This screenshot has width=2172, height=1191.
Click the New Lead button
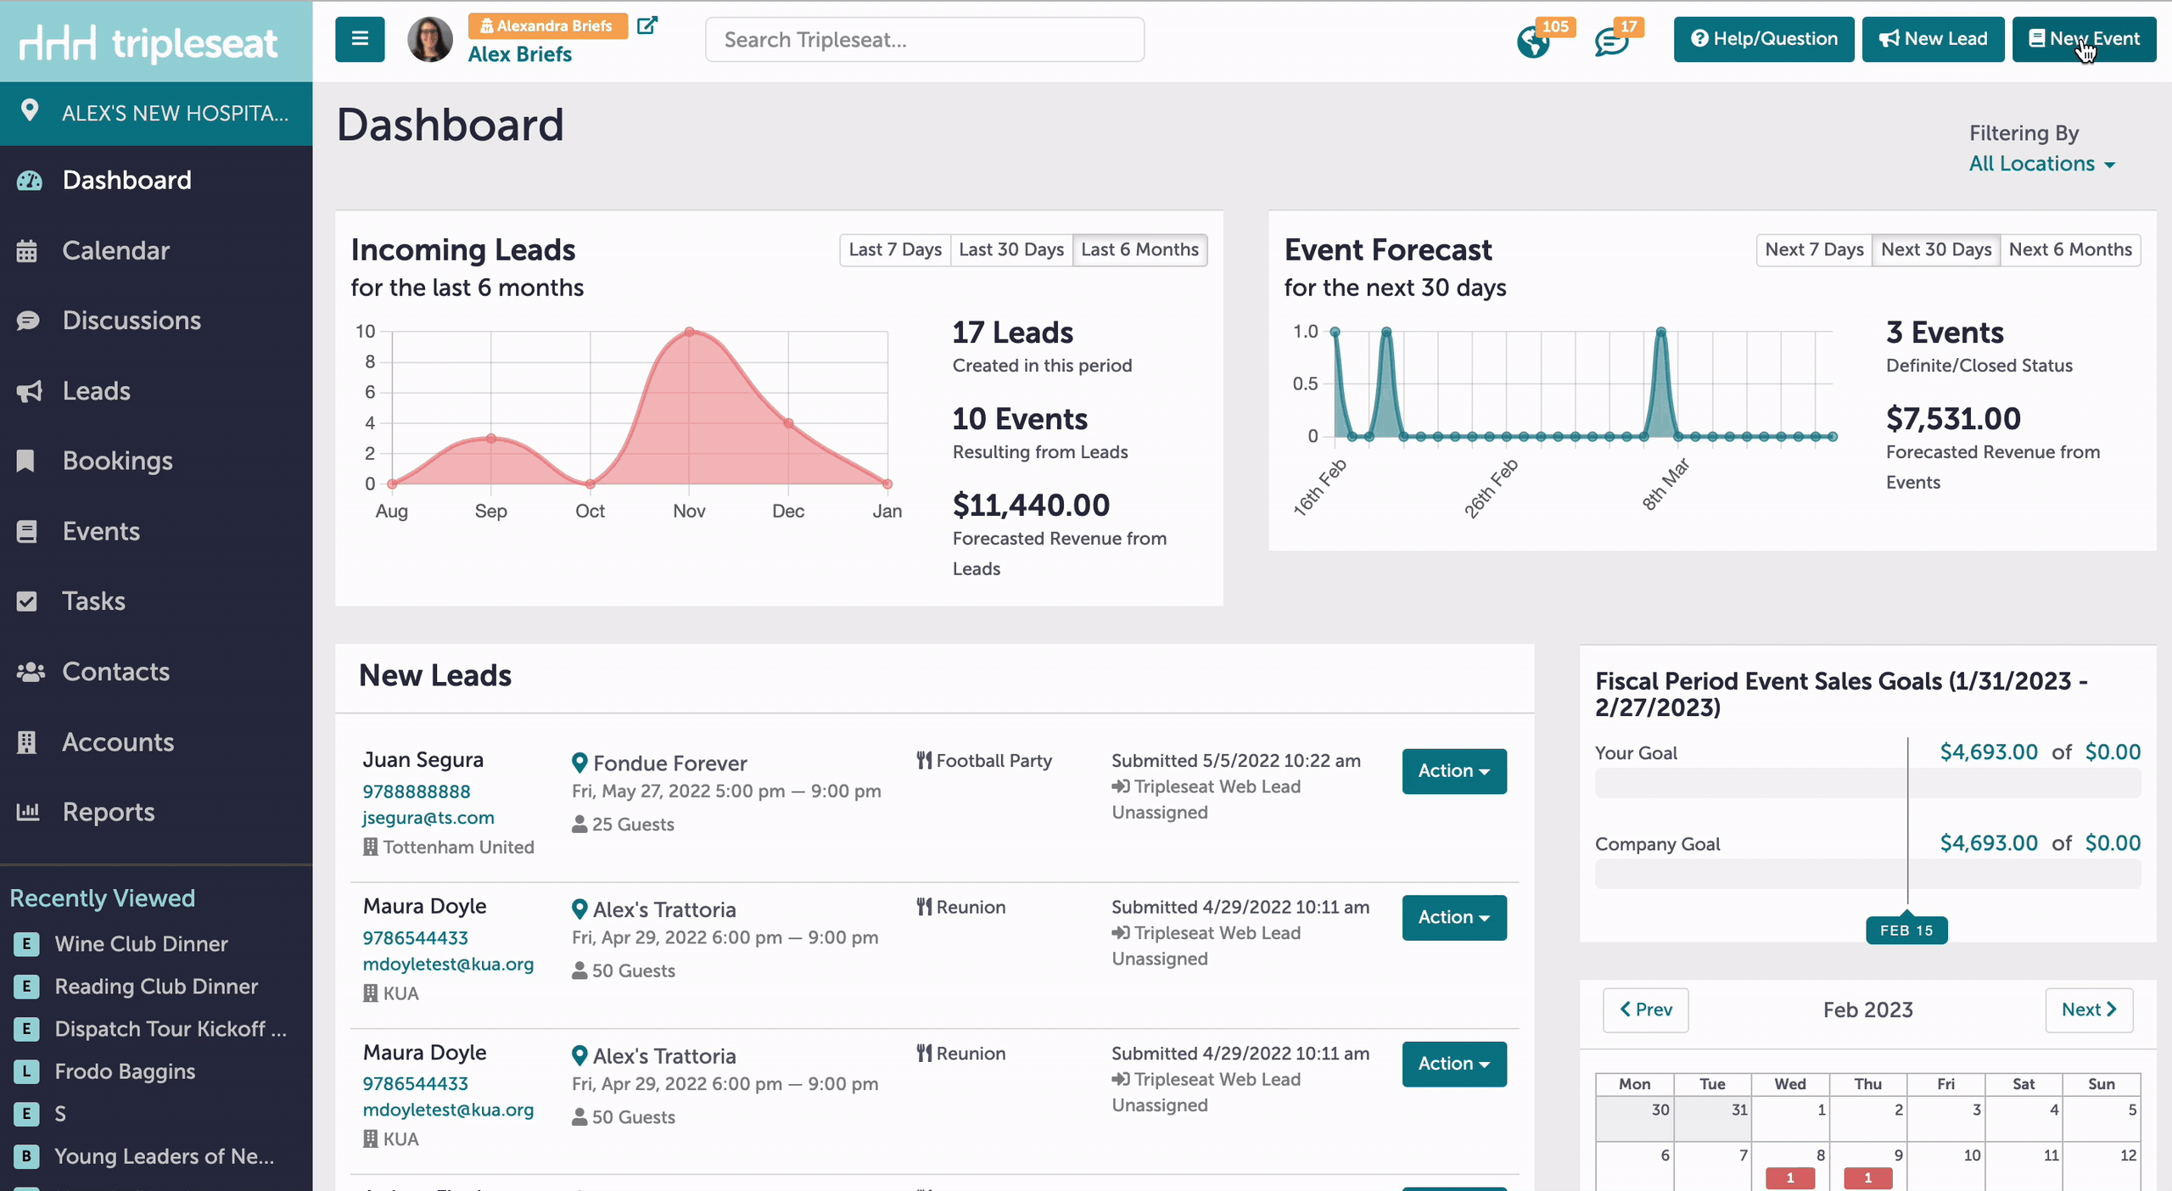(1933, 39)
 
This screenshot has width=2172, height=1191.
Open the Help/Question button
(1764, 39)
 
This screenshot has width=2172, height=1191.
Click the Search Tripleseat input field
(925, 40)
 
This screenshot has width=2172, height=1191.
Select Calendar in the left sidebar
(115, 250)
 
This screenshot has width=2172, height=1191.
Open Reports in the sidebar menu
(109, 812)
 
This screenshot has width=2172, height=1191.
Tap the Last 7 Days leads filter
(895, 249)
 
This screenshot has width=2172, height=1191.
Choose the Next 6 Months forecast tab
(2070, 249)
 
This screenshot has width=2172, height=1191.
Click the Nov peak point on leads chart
(690, 332)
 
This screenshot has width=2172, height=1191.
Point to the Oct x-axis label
(590, 511)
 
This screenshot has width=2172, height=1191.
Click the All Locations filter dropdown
(2041, 164)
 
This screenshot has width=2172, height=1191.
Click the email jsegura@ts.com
(428, 818)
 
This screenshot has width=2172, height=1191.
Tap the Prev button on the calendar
(1646, 1009)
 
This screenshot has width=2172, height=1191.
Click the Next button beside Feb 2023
(2089, 1009)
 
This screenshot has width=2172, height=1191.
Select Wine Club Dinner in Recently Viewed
(141, 944)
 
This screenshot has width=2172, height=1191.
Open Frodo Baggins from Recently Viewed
(125, 1071)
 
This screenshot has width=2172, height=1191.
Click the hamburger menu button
(360, 39)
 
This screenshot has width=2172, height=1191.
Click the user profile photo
(430, 39)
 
